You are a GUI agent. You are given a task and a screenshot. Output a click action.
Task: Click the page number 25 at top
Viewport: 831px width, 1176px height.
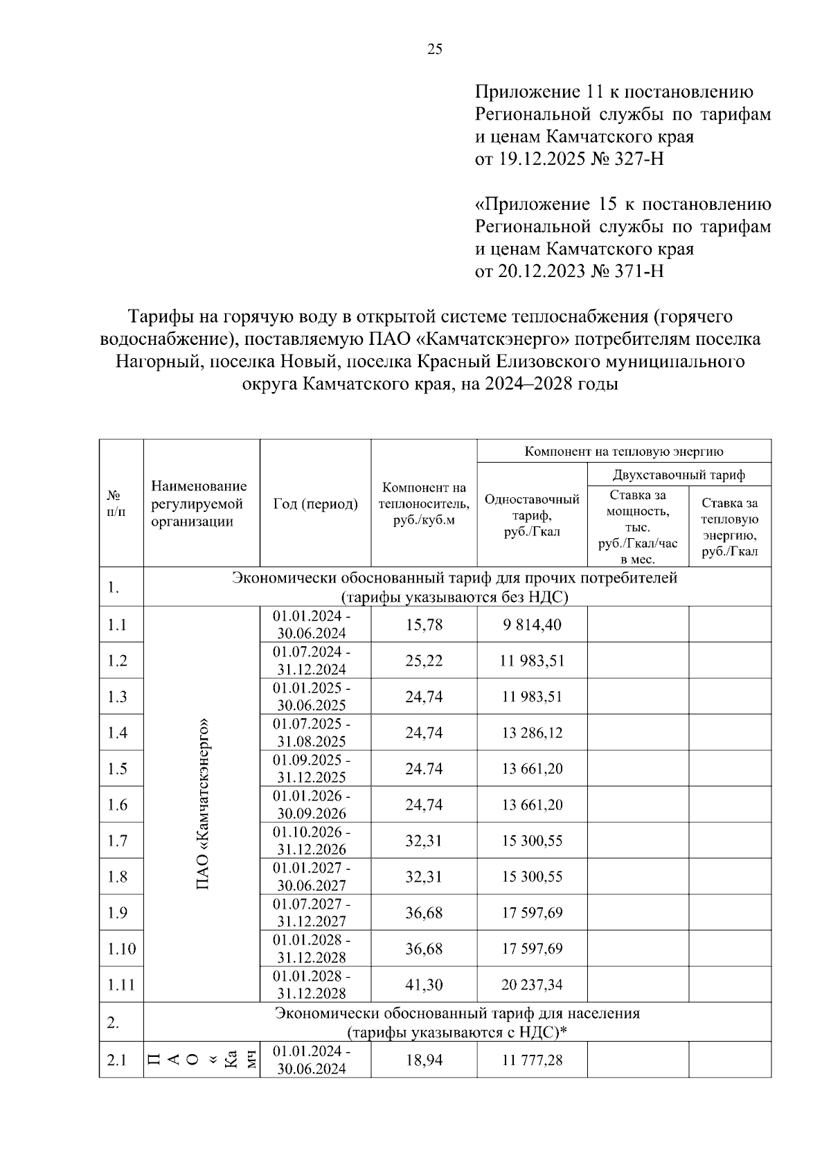(435, 49)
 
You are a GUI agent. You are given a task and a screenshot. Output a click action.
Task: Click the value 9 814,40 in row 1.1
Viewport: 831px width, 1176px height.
(532, 625)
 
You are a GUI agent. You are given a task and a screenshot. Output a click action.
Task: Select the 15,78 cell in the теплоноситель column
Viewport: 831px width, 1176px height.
(424, 625)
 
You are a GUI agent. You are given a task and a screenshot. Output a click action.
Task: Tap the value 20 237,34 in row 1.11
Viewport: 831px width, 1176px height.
(532, 985)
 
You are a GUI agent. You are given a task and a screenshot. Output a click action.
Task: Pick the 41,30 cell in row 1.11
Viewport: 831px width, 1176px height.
(424, 985)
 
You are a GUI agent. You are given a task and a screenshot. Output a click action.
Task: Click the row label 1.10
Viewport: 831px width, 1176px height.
(121, 949)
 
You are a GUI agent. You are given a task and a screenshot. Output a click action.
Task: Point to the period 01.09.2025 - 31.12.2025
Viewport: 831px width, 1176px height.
(312, 768)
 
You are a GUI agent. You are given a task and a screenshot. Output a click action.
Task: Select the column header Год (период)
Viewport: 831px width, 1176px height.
(316, 504)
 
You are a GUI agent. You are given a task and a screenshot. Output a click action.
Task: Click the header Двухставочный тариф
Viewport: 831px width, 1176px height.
(679, 475)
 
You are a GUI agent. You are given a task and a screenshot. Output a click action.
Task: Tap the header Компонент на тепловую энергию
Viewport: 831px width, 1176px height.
(623, 452)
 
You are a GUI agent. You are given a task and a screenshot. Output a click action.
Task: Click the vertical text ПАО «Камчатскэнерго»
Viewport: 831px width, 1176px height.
(203, 804)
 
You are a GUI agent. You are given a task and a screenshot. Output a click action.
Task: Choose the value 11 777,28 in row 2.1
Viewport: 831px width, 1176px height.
(532, 1060)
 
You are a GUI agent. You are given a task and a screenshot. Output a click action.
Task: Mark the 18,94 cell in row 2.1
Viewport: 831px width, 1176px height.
(424, 1060)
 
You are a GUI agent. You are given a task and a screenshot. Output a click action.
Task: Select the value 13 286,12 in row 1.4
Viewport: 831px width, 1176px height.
(532, 733)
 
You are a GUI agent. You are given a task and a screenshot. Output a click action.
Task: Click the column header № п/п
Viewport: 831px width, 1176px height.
(116, 504)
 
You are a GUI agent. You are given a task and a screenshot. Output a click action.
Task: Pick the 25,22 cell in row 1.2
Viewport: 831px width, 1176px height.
(424, 661)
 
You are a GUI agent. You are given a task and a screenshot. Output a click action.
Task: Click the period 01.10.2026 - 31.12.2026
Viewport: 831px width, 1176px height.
(312, 840)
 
